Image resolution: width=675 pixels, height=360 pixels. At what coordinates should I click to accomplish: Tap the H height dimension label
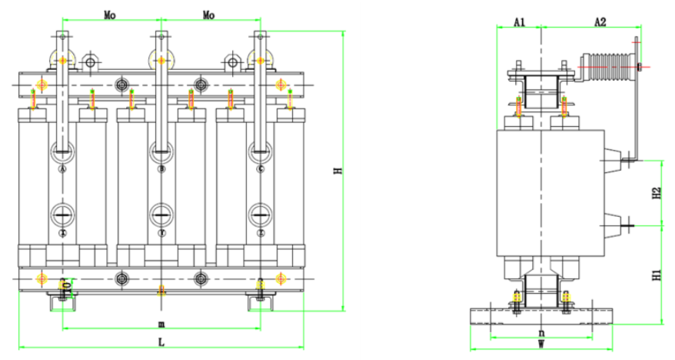point(337,171)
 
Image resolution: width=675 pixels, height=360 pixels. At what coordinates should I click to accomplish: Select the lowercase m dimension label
point(161,323)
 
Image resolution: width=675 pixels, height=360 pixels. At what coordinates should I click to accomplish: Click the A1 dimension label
point(519,23)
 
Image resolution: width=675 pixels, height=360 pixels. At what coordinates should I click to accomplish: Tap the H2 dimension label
point(656,194)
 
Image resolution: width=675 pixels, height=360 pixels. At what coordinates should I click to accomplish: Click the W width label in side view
point(541,345)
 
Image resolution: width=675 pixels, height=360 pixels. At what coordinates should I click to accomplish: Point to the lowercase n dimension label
point(541,332)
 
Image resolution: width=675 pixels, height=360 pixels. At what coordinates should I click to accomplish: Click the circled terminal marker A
point(62,168)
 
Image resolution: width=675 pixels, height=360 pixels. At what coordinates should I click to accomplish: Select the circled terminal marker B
point(161,168)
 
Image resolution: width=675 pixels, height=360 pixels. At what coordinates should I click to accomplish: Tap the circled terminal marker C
point(261,168)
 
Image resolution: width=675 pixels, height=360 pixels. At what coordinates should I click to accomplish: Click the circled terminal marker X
point(62,232)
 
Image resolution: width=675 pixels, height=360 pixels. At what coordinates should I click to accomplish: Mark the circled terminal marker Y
point(161,232)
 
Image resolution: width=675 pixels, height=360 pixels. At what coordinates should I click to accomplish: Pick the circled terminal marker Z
point(261,232)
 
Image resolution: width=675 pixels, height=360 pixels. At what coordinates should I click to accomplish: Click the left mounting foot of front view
point(62,302)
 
